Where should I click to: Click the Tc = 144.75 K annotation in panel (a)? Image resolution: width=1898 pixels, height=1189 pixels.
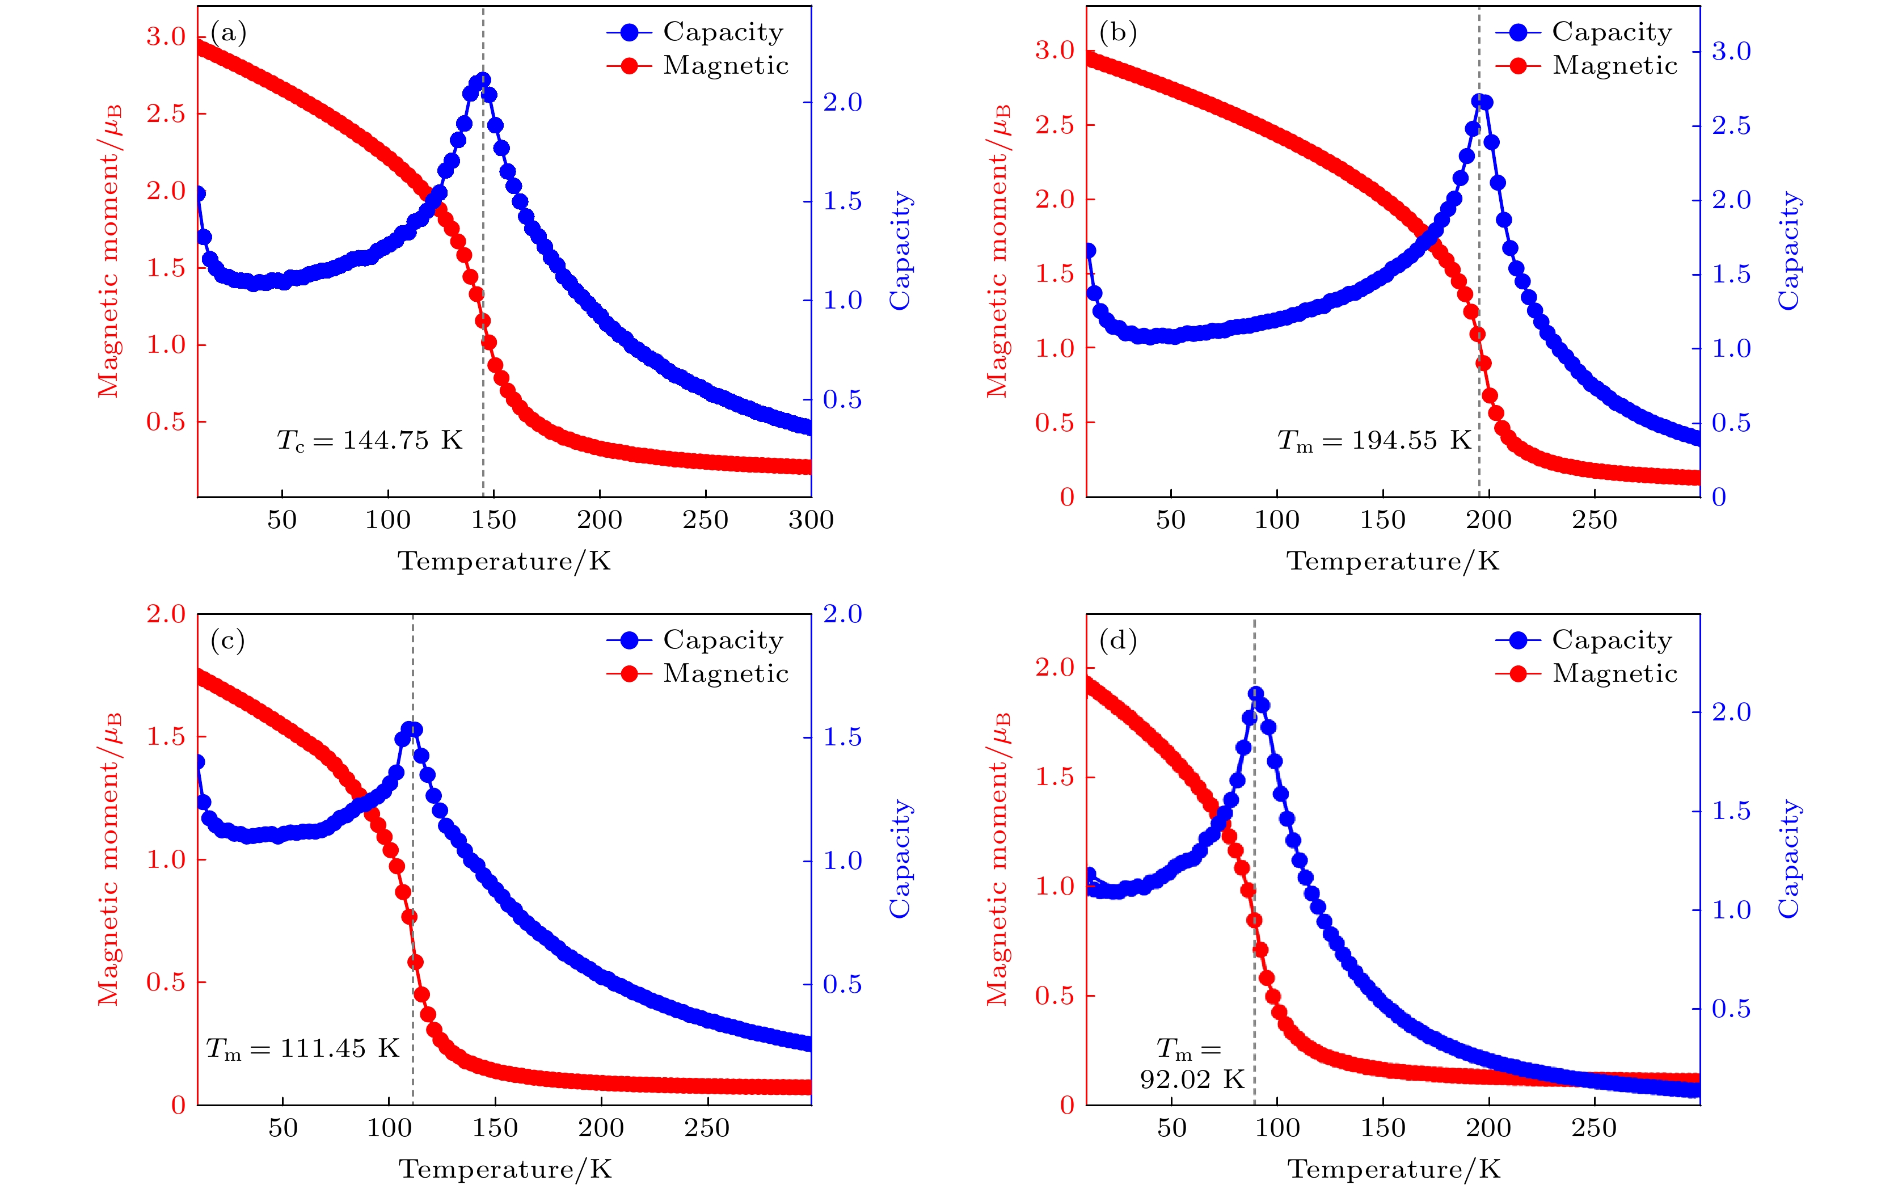point(369,440)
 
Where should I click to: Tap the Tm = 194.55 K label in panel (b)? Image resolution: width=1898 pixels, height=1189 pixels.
point(1373,440)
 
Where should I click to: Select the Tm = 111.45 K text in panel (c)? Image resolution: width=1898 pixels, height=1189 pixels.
point(303,1049)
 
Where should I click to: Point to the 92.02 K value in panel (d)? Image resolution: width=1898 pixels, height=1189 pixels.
point(1191,1079)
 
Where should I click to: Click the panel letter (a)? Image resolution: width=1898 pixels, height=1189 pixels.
point(228,32)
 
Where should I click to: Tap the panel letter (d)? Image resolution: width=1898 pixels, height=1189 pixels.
point(1118,641)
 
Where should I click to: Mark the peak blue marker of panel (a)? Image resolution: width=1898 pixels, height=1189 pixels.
point(483,80)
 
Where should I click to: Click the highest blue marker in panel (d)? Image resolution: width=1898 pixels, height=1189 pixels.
point(1256,694)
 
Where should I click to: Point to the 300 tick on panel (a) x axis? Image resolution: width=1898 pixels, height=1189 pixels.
point(811,520)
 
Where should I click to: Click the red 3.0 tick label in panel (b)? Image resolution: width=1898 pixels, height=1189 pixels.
point(1055,50)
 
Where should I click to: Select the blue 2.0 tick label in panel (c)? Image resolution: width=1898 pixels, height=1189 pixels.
point(842,614)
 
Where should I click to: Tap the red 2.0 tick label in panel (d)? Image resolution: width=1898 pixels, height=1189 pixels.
point(1055,668)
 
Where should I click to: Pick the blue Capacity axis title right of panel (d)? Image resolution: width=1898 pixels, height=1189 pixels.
point(1789,859)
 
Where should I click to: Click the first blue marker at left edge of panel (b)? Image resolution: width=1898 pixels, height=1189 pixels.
point(1089,251)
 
